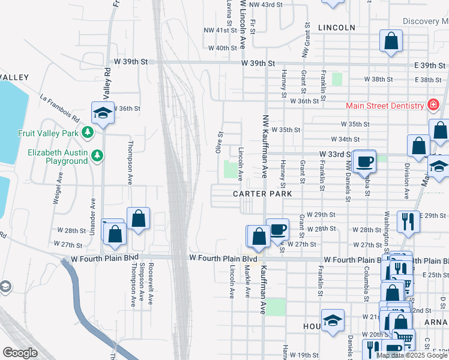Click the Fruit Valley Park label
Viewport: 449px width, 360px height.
coord(49,133)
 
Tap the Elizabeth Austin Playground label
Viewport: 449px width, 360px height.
coord(58,157)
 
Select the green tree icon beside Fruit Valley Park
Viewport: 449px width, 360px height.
coord(88,132)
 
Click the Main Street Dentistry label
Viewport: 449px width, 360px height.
coord(385,106)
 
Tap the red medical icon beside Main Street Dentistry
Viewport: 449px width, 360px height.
coord(432,106)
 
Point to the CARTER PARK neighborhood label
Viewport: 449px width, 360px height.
coord(263,194)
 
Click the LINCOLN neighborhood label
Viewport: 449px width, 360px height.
coord(337,28)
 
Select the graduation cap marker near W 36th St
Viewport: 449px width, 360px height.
coord(103,112)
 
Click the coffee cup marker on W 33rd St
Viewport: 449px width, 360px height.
coord(364,160)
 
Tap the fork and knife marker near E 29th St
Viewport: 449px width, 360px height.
coord(409,221)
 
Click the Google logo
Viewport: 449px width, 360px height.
coord(20,353)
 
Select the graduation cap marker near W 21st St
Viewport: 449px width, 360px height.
coord(332,320)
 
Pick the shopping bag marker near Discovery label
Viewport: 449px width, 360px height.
coord(391,41)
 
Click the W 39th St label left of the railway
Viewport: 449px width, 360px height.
coord(131,62)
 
